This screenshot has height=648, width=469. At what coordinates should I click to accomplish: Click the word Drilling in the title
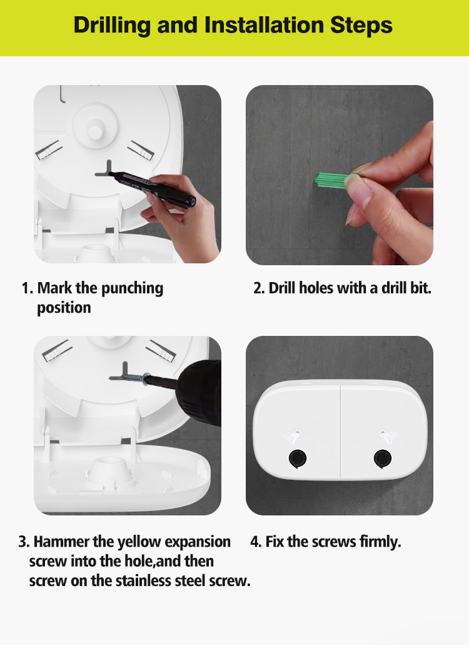coord(112,25)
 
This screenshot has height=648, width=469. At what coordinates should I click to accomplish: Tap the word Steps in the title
coord(361,25)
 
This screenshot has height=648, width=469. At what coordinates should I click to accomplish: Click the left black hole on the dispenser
coord(297,458)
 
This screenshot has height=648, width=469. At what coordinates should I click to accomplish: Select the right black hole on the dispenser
coord(383,458)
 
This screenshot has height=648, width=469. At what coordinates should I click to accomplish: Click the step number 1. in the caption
coord(27,288)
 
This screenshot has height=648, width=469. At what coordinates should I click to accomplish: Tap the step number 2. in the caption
coord(259,288)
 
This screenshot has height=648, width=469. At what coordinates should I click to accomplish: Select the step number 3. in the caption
coord(24,542)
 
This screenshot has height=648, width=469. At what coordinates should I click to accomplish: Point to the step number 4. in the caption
coord(256,542)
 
